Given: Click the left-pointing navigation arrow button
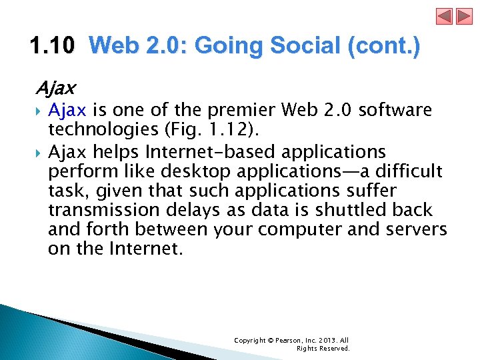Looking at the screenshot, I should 445,17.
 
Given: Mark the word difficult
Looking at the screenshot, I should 407,171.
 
